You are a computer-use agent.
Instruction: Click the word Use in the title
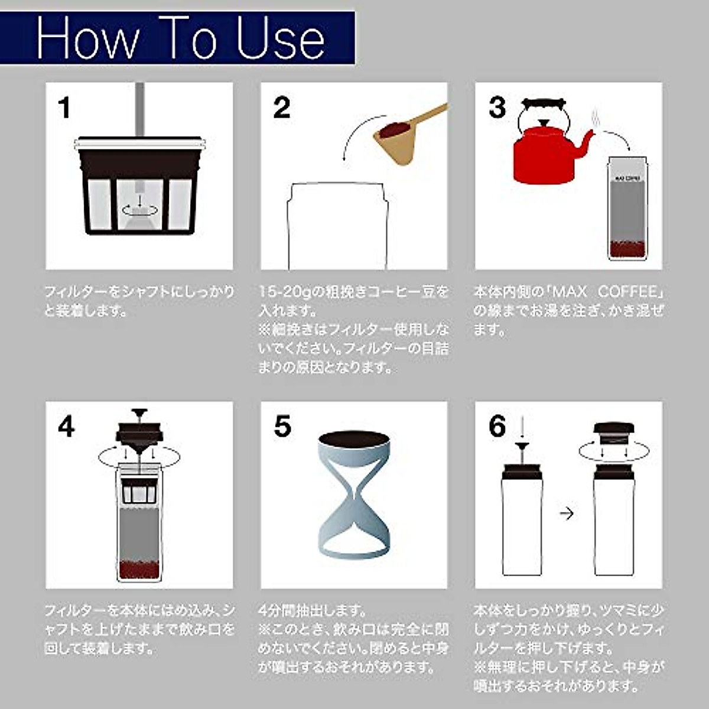pos(281,38)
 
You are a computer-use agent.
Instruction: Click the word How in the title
pos(87,38)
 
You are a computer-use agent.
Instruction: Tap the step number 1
pos(64,108)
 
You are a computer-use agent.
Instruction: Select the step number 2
pos(282,108)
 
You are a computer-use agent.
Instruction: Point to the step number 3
pos(497,108)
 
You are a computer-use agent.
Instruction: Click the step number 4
pos(66,427)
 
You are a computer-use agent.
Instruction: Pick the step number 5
pos(282,427)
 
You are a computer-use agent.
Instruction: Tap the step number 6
pos(497,427)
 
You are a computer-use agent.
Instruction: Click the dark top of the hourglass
pos(353,440)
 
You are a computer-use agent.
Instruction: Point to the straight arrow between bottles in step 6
pos(566,513)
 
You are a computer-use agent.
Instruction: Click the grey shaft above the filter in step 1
pos(140,109)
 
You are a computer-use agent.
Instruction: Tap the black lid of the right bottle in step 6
pos(614,431)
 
